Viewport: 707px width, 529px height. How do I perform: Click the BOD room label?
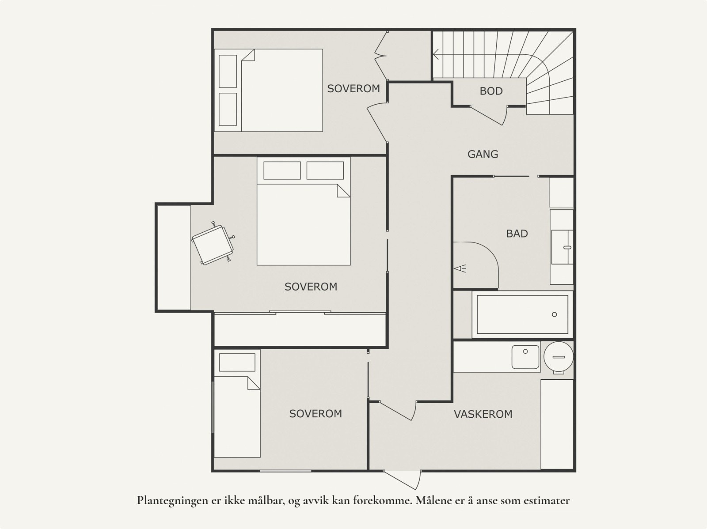coord(491,91)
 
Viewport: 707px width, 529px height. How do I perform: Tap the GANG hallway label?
coord(483,154)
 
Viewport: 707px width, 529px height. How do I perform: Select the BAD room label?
coord(517,234)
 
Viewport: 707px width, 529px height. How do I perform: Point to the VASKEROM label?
coord(483,414)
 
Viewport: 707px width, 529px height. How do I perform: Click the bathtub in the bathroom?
coord(522,314)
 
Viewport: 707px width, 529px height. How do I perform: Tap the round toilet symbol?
coord(559,357)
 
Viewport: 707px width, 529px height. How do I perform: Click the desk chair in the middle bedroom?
coord(213,243)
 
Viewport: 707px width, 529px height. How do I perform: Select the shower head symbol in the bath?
coord(460,268)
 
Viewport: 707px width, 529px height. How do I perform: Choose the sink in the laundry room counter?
coord(525,357)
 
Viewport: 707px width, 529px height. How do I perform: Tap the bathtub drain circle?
coord(554,314)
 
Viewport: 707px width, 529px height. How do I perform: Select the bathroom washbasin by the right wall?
coord(562,247)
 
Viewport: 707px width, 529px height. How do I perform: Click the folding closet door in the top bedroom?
coord(381,55)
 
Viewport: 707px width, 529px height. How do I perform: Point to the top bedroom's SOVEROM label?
coord(353,88)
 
